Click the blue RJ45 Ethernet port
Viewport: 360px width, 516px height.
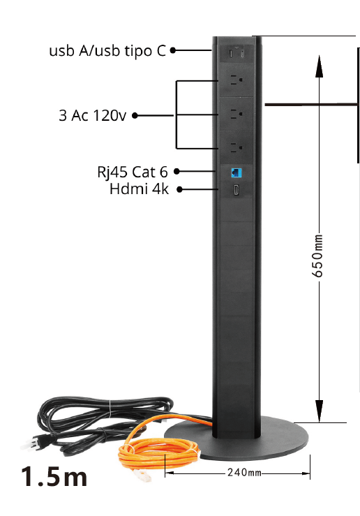237,172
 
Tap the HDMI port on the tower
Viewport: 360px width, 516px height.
236,189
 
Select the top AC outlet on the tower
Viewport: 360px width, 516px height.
236,80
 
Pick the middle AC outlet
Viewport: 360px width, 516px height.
236,114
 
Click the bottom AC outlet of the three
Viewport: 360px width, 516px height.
236,147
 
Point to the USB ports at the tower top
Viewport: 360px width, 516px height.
237,53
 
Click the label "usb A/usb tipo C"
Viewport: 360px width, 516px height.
107,51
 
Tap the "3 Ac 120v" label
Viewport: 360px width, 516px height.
92,115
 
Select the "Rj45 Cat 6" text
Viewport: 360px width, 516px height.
133,172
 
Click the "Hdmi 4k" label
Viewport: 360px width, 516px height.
139,189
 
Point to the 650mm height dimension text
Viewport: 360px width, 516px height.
317,256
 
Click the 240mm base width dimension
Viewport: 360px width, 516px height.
244,473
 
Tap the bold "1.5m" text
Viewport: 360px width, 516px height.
54,476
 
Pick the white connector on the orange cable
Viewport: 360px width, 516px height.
143,475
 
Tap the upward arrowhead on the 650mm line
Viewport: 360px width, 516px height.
319,66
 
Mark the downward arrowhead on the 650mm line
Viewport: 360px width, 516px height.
319,411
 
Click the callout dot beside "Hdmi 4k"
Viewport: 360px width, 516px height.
179,189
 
